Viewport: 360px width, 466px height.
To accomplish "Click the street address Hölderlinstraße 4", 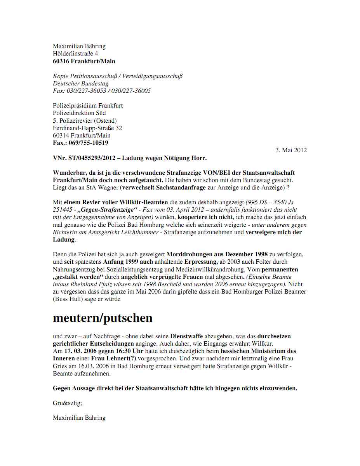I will [75, 54].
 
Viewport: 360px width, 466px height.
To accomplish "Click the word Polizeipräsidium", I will [75, 105].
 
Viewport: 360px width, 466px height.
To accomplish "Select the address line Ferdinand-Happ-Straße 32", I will [87, 128].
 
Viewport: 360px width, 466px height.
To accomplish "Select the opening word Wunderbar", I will [69, 172].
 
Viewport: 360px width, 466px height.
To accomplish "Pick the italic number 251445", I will [62, 210].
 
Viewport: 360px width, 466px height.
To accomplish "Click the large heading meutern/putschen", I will [103, 318].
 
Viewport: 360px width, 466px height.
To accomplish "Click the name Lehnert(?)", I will [119, 358].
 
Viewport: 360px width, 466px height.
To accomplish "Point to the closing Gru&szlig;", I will [67, 403].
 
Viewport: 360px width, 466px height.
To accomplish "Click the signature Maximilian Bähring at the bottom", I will [79, 418].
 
